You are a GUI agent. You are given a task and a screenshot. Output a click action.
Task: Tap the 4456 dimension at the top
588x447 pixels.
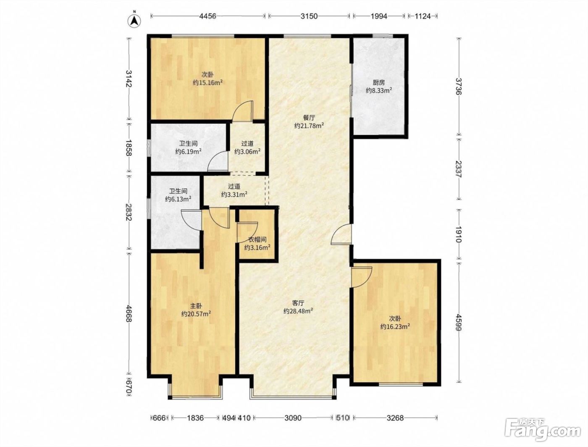(207, 16)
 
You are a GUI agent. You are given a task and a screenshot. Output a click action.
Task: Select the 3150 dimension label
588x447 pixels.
(309, 16)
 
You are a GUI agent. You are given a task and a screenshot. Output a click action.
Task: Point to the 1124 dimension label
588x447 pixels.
(423, 16)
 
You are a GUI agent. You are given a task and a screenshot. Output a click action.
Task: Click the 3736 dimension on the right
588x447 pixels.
(459, 86)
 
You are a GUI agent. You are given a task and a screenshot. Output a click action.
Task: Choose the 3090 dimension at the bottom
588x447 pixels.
(293, 418)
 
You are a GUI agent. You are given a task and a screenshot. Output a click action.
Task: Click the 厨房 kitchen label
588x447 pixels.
(379, 83)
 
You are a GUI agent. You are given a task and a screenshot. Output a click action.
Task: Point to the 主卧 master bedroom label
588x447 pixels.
(196, 305)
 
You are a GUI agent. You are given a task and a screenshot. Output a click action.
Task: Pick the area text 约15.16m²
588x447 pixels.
(208, 82)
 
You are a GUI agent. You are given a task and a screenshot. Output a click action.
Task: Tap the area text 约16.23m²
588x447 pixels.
(395, 326)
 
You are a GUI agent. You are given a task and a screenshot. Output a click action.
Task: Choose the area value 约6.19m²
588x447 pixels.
(188, 152)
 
